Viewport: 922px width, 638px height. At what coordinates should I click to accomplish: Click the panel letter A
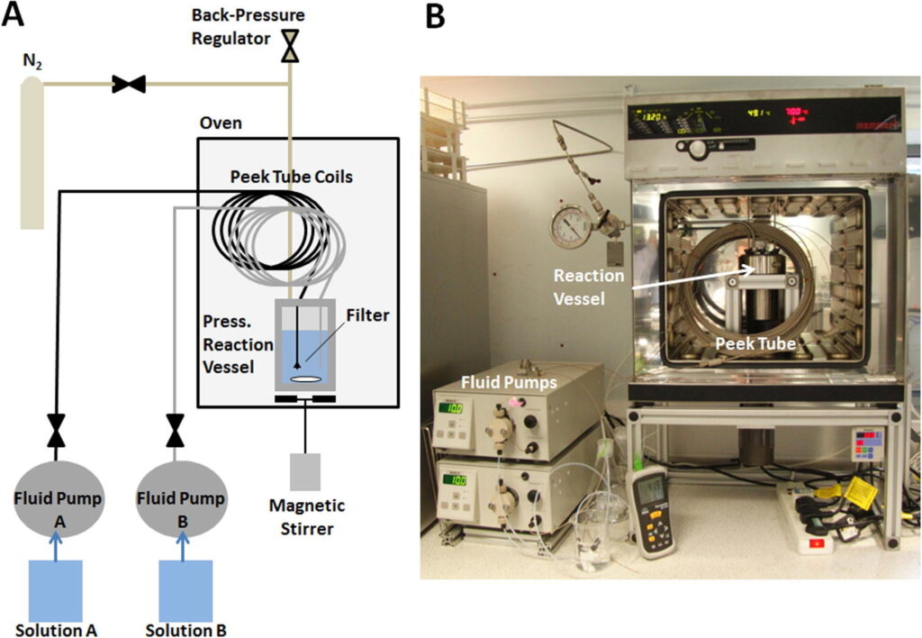[x=17, y=15]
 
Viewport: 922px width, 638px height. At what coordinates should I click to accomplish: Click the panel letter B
[x=435, y=15]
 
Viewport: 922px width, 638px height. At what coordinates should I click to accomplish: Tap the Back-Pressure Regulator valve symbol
[x=290, y=46]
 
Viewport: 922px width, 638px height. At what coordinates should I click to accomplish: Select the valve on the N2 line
[x=129, y=85]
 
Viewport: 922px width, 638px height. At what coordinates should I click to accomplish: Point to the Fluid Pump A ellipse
[x=56, y=503]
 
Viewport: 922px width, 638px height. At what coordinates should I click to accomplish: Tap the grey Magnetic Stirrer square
[x=305, y=471]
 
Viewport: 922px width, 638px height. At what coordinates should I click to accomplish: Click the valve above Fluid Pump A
[x=56, y=429]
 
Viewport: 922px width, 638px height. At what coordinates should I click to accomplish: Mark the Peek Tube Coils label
[x=292, y=177]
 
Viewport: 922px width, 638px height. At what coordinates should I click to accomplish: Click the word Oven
[x=221, y=123]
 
